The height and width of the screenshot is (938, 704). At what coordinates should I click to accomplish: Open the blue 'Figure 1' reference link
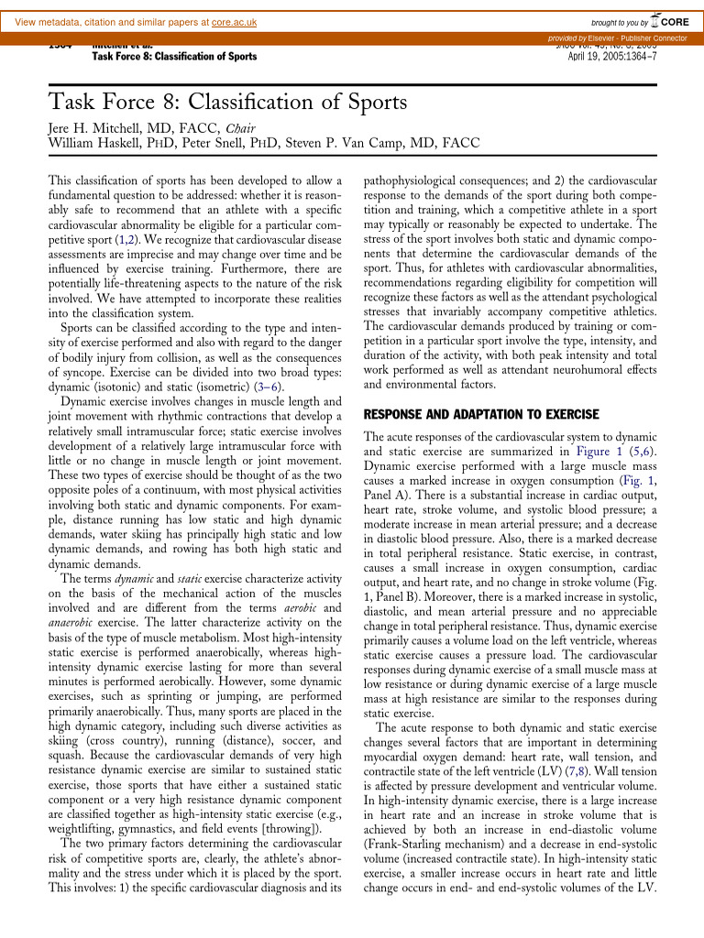pyautogui.click(x=595, y=451)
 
